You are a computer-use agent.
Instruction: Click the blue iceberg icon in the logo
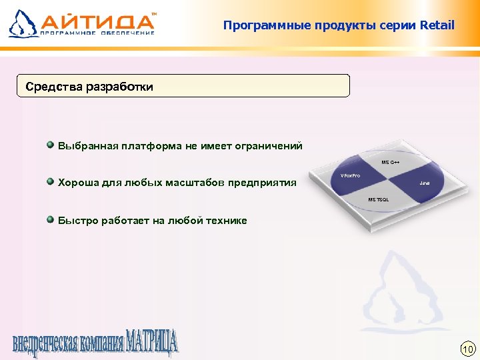point(23,23)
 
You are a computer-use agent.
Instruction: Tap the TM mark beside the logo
point(155,13)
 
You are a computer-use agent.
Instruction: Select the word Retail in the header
point(437,25)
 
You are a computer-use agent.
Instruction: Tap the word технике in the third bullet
point(227,221)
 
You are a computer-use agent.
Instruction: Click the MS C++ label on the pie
point(390,162)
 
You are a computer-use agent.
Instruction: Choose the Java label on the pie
point(425,183)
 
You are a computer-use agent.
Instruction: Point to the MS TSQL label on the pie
point(379,199)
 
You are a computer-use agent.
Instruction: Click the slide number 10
point(467,349)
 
